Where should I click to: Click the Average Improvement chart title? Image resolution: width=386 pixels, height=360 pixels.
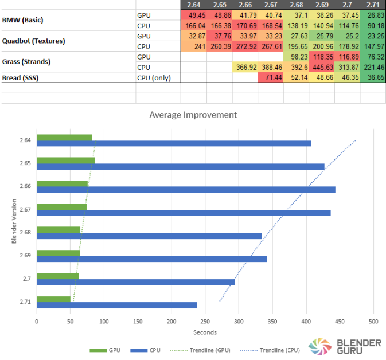pyautogui.click(x=193, y=115)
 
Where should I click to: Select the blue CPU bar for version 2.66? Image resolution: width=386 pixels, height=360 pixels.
pyautogui.click(x=186, y=189)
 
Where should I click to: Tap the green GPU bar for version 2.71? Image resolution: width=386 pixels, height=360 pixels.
pyautogui.click(x=53, y=299)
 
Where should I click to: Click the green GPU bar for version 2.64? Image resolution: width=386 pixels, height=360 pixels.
pyautogui.click(x=64, y=138)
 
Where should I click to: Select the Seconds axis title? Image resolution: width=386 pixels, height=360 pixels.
pyautogui.click(x=205, y=331)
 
